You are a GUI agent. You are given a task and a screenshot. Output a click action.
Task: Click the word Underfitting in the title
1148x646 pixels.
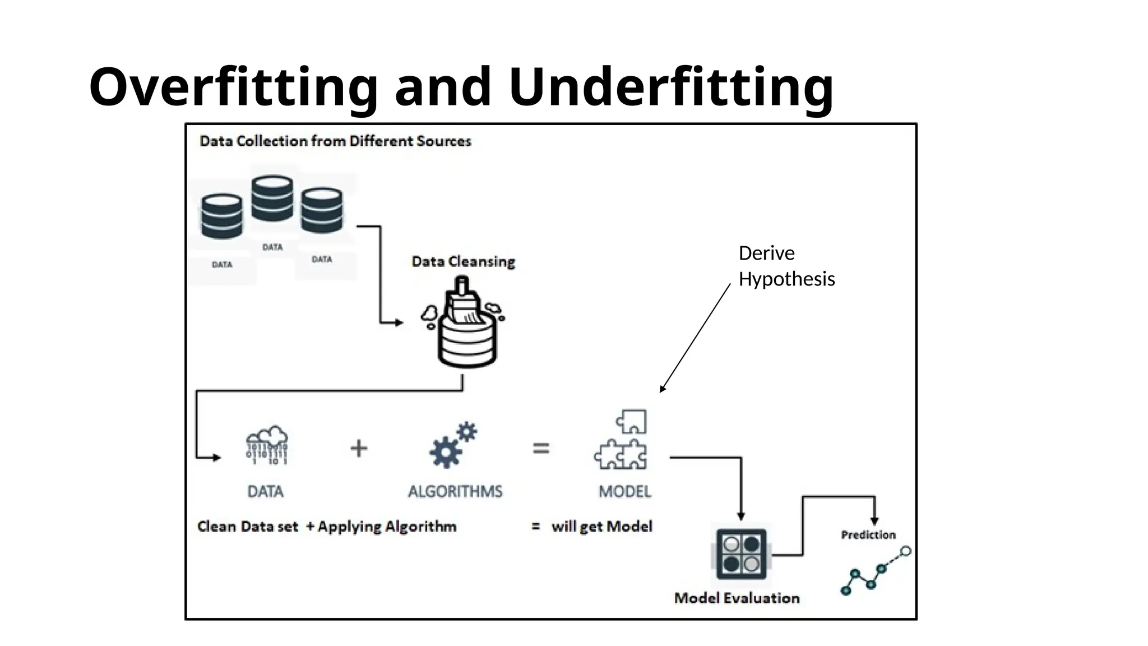[x=671, y=87]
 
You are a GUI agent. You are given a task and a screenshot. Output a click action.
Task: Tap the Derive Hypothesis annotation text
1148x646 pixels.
[x=786, y=266]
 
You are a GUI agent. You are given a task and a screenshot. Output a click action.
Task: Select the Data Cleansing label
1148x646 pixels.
[x=463, y=261]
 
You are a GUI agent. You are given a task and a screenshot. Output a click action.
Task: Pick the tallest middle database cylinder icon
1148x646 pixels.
[x=272, y=199]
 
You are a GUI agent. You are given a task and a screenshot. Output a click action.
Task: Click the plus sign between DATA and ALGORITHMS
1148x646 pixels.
[x=359, y=449]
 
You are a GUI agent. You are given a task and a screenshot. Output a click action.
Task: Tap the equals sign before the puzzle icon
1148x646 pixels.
[x=541, y=448]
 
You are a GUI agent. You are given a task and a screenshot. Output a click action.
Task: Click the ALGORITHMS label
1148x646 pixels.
[x=455, y=492]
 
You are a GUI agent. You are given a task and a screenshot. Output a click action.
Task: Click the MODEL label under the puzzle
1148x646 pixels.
[x=624, y=492]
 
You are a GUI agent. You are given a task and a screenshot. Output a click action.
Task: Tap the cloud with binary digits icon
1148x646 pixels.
[x=267, y=445]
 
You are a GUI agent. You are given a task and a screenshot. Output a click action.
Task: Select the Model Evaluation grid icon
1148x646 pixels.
[x=741, y=554]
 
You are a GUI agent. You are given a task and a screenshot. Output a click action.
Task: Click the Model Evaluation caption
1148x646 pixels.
[x=737, y=598]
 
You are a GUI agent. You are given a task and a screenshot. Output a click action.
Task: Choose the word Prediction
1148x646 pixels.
[x=868, y=535]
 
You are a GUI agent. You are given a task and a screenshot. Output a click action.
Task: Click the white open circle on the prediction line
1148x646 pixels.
[x=905, y=552]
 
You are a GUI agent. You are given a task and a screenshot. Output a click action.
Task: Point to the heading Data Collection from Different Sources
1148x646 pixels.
[x=335, y=141]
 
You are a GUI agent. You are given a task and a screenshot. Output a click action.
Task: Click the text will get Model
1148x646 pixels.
[x=601, y=527]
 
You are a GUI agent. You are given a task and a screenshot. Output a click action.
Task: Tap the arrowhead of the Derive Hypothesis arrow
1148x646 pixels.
[x=662, y=389]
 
